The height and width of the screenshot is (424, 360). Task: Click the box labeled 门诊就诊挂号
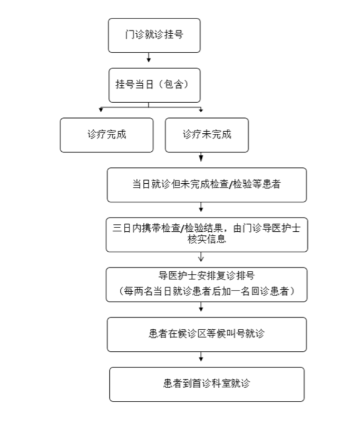tap(154, 35)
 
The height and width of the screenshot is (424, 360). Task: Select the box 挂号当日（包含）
tap(154, 85)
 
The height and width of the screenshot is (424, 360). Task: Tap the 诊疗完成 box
tap(106, 134)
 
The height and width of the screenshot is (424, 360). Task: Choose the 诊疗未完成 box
tap(207, 134)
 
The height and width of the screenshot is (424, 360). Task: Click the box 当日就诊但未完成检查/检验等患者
tap(207, 185)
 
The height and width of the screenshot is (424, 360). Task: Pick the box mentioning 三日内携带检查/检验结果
tap(206, 234)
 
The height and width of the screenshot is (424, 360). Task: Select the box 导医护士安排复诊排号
tap(206, 284)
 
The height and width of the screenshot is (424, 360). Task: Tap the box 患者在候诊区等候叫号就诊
tap(207, 334)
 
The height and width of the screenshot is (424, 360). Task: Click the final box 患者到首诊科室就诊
tap(207, 383)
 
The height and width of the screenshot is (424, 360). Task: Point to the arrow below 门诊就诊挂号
tap(149, 58)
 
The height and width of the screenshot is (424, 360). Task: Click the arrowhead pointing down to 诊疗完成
tap(101, 110)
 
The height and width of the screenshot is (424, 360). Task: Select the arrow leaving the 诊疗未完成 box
tap(201, 157)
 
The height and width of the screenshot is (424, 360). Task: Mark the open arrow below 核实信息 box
tap(201, 258)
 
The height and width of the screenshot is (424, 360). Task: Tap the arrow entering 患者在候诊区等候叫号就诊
tap(201, 309)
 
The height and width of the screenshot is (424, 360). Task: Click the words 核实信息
tap(207, 240)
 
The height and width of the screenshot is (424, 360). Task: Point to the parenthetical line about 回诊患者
tap(206, 291)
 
